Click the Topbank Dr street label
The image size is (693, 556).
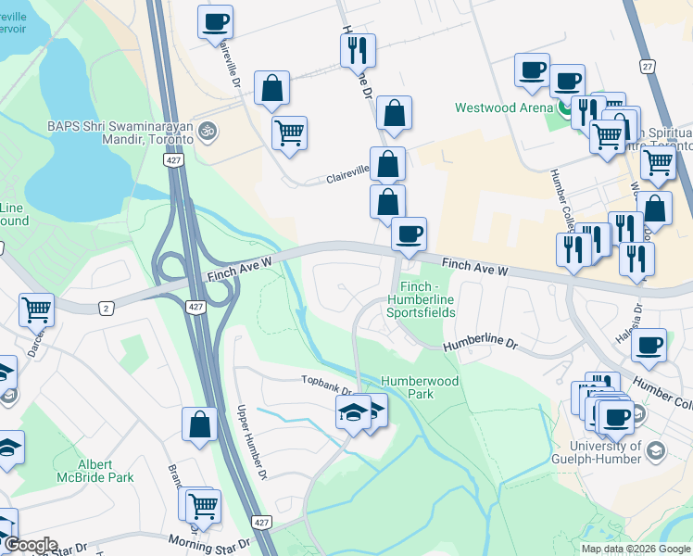tap(326, 380)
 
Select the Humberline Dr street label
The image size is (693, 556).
tap(479, 343)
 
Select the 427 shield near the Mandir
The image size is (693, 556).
tap(173, 160)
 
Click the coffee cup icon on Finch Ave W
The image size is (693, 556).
tap(409, 234)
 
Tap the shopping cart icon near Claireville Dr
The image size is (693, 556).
tap(289, 133)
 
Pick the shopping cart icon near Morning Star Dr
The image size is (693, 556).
tap(203, 505)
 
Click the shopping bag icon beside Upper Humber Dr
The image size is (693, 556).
tap(199, 425)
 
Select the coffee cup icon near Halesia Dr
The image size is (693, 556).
tap(649, 346)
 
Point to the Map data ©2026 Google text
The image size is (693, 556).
tap(636, 549)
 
